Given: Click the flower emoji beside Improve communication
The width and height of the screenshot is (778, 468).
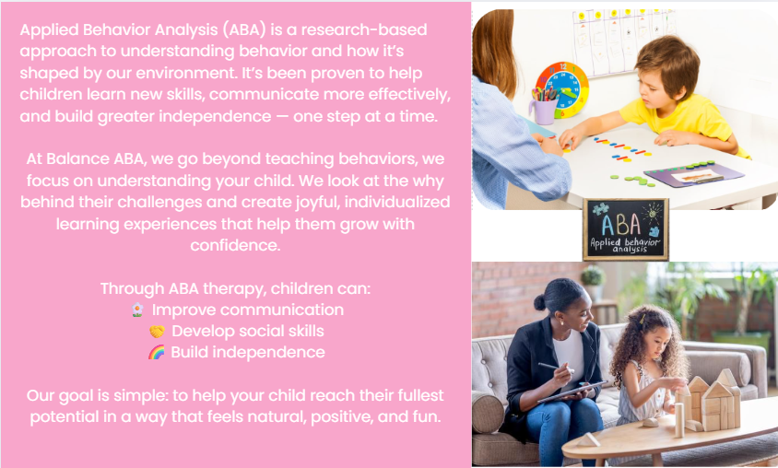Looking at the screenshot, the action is click(x=137, y=310).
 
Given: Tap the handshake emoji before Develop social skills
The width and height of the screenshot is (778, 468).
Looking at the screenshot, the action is click(x=157, y=331).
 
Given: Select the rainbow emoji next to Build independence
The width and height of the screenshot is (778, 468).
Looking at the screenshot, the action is click(x=157, y=353).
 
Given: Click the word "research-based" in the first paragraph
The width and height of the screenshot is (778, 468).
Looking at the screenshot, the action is click(x=364, y=29).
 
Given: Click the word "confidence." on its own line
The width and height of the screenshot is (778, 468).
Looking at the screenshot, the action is click(x=235, y=245).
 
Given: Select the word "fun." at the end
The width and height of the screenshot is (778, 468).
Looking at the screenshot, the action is click(x=427, y=416).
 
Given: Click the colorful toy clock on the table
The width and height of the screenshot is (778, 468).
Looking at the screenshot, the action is click(x=562, y=88).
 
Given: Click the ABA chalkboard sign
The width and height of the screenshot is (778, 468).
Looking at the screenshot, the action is click(x=626, y=229).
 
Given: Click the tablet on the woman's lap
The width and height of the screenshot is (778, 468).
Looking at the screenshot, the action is click(x=572, y=392).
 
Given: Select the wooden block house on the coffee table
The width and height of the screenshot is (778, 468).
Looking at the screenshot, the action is click(x=708, y=403).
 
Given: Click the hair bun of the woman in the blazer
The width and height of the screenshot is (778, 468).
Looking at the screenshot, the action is click(x=540, y=302).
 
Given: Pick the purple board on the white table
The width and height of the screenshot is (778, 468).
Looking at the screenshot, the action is click(x=693, y=174).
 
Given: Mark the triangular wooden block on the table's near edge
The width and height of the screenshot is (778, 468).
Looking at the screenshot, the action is click(x=587, y=439).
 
